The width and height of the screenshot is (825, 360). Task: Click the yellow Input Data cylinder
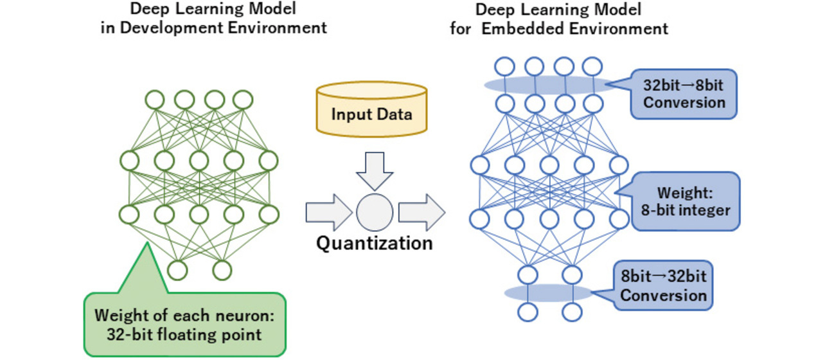371,113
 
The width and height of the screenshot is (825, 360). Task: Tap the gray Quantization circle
374,212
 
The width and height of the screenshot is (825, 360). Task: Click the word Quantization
374,244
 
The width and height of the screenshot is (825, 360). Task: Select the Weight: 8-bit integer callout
685,201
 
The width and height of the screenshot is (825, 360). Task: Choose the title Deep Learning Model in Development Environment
214,20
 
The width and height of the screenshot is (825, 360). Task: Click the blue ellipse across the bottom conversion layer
548,293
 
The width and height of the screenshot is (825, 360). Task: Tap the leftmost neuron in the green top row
154,100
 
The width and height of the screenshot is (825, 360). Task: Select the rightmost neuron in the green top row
243,100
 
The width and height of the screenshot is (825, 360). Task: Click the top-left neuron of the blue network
504,66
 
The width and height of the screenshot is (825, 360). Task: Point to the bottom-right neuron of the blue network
571,312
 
